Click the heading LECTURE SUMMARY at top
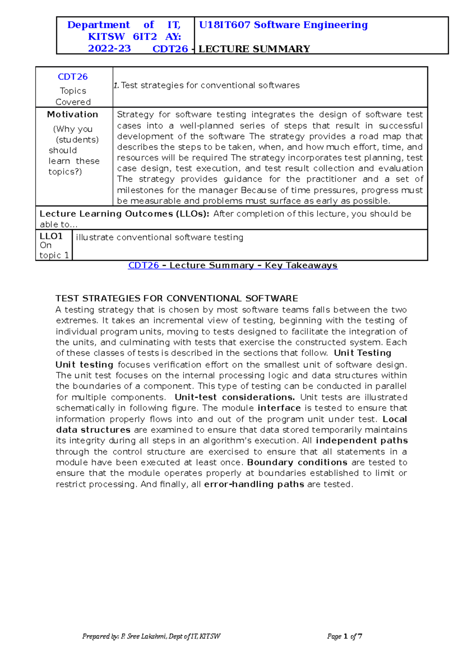[254, 49]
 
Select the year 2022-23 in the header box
[109, 49]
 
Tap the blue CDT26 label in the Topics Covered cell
[73, 77]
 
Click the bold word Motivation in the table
[73, 114]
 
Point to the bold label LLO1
[51, 236]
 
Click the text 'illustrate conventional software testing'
[159, 237]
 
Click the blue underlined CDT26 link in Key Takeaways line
[143, 265]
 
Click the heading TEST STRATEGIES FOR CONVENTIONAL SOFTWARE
[177, 298]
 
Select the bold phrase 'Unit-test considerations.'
[235, 397]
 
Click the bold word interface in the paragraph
[279, 408]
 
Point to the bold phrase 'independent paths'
[362, 440]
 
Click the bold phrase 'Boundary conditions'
[297, 462]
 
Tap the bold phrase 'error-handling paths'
[254, 484]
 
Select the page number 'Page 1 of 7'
[344, 636]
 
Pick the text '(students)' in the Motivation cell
[77, 139]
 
